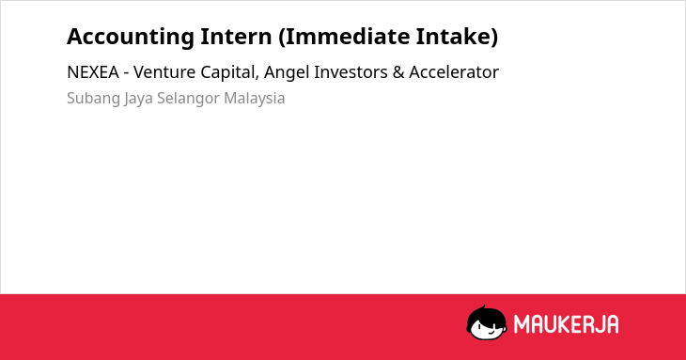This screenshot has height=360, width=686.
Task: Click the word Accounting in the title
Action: click(x=131, y=38)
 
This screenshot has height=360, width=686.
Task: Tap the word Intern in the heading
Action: click(x=236, y=37)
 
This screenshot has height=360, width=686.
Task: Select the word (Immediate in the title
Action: click(x=344, y=38)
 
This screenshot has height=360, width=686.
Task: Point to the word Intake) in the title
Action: click(x=458, y=38)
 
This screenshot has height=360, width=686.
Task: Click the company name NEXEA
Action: click(x=93, y=72)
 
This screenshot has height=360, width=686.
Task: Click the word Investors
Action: click(x=351, y=72)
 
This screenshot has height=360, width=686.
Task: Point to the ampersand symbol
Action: click(x=398, y=72)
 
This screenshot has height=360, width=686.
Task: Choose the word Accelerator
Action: click(x=454, y=72)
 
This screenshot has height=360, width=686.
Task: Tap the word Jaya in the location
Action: click(x=138, y=99)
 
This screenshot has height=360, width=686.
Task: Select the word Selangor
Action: click(x=188, y=99)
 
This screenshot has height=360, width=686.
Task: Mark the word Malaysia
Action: click(x=254, y=99)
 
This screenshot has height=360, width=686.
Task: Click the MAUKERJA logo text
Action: click(x=566, y=324)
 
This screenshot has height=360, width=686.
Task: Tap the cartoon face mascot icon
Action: click(x=487, y=323)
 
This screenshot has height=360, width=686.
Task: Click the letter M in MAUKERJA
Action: click(x=521, y=324)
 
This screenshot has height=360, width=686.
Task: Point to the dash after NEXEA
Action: click(x=126, y=73)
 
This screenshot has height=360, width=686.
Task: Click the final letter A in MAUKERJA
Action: click(x=612, y=324)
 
